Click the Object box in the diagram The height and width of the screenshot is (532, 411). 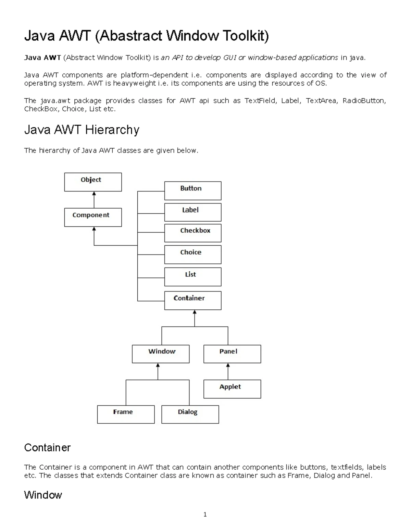(x=93, y=182)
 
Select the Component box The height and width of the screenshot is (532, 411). (x=93, y=218)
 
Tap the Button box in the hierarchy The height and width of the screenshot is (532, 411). (x=193, y=191)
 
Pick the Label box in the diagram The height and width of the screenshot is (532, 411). (x=193, y=212)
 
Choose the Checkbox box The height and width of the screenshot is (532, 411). (x=193, y=233)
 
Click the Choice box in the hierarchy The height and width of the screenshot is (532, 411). (x=193, y=255)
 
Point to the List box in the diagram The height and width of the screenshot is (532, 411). (x=193, y=277)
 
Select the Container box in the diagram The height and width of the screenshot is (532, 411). (x=193, y=301)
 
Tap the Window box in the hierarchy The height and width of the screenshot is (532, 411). (x=161, y=354)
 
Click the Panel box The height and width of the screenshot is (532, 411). (x=232, y=354)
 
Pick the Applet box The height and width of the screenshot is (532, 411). (x=232, y=389)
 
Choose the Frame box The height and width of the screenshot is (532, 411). (x=126, y=415)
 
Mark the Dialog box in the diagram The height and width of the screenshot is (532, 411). (x=190, y=415)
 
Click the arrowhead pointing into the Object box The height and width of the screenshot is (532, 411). (x=94, y=194)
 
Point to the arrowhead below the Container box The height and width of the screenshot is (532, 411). (x=195, y=312)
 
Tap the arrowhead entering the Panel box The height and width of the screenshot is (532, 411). (x=228, y=365)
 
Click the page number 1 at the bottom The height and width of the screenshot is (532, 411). (x=205, y=515)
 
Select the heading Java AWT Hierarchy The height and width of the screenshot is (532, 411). (x=82, y=130)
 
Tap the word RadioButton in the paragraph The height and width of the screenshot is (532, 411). (x=364, y=101)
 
